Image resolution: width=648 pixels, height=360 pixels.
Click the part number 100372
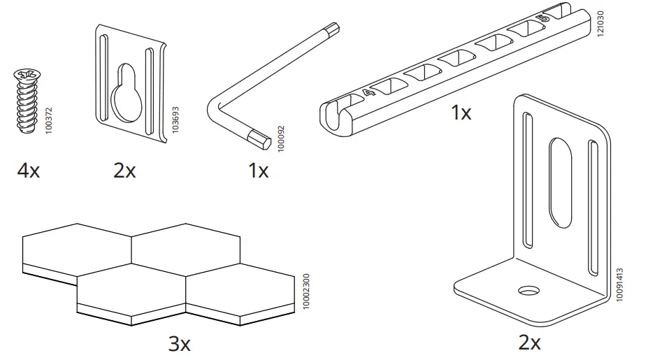[48, 120]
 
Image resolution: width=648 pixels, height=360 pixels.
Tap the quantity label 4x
[29, 170]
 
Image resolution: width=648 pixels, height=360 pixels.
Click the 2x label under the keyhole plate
[124, 170]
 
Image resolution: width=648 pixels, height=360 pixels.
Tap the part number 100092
[282, 139]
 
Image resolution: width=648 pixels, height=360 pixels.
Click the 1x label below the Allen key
[258, 170]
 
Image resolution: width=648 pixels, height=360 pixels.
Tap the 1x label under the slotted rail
[461, 113]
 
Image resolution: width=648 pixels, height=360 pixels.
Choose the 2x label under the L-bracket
[530, 343]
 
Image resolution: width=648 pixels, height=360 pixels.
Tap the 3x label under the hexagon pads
[180, 343]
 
